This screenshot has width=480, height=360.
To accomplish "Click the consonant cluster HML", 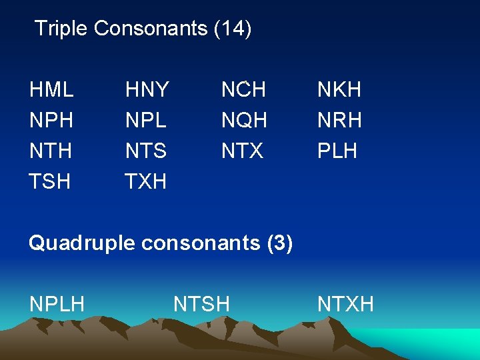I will click(x=51, y=89).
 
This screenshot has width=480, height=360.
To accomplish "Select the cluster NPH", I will click(x=51, y=120).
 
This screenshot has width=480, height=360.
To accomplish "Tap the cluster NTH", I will click(x=51, y=151).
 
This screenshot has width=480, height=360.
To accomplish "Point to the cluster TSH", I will click(x=50, y=181).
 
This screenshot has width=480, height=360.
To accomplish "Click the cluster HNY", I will click(x=147, y=89).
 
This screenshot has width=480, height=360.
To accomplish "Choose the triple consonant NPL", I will click(x=146, y=120).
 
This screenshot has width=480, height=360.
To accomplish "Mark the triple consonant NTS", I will click(x=146, y=151).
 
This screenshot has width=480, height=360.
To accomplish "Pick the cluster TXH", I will click(x=146, y=181).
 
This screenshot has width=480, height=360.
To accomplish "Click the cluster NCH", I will click(x=244, y=89).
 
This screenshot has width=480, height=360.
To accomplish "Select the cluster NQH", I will click(x=244, y=120).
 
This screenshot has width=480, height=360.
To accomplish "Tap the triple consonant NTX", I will click(x=243, y=151).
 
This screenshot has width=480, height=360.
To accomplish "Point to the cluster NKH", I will click(x=339, y=89).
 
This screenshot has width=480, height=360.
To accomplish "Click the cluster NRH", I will click(x=339, y=120).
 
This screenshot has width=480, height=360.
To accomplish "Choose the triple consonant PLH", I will click(x=337, y=151).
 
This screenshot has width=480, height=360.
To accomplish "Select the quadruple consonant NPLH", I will click(x=57, y=305).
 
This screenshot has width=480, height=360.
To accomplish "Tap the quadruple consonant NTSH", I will click(x=201, y=305).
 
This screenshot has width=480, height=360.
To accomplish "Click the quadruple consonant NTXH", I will click(x=345, y=305).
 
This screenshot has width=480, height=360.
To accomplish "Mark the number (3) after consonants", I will click(x=279, y=243).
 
